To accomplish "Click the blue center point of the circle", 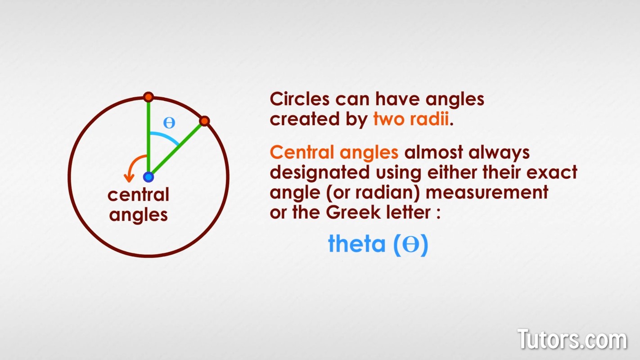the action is tap(148, 177).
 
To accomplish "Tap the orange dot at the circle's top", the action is tap(149, 97).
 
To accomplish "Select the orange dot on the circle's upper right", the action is tap(204, 121).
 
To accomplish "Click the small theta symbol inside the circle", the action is tap(169, 123).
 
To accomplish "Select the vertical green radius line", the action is tap(148, 137).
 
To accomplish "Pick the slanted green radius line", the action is tap(176, 149).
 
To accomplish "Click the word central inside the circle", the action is tap(138, 194).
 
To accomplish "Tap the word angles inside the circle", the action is tap(138, 215).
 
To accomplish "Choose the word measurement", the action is tap(487, 192).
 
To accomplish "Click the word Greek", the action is tap(353, 212).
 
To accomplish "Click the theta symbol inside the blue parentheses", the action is tap(411, 244).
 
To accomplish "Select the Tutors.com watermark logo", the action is tap(572, 339).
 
